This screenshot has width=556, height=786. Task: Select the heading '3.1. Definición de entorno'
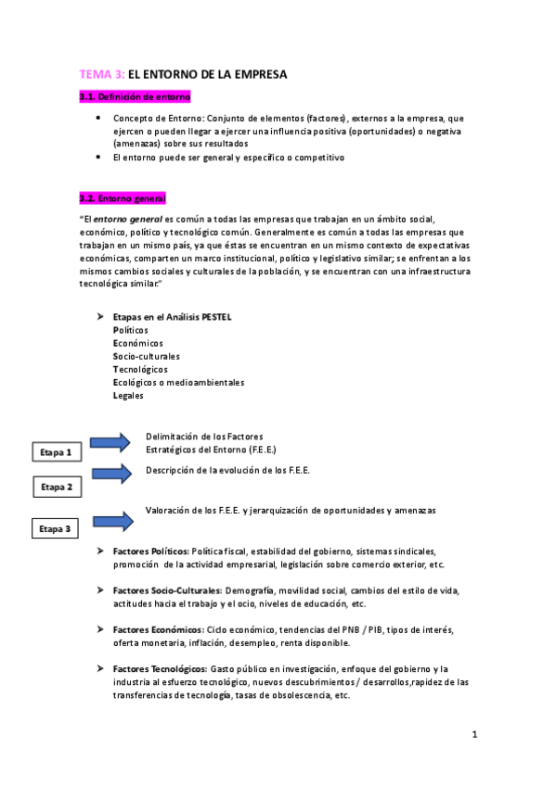(x=136, y=96)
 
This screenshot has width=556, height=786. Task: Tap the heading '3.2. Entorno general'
(x=123, y=198)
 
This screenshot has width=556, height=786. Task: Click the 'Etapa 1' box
(x=56, y=452)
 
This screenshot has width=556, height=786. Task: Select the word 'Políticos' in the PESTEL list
(x=130, y=330)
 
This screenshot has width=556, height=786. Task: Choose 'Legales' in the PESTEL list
(x=128, y=396)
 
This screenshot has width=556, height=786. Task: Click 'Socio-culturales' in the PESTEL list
(x=146, y=356)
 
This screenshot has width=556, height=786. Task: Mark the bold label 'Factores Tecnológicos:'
(x=159, y=669)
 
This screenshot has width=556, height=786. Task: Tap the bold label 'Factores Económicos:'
(x=156, y=630)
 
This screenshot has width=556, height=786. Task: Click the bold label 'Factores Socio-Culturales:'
(x=167, y=590)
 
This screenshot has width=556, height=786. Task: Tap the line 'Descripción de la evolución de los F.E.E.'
(x=227, y=470)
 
